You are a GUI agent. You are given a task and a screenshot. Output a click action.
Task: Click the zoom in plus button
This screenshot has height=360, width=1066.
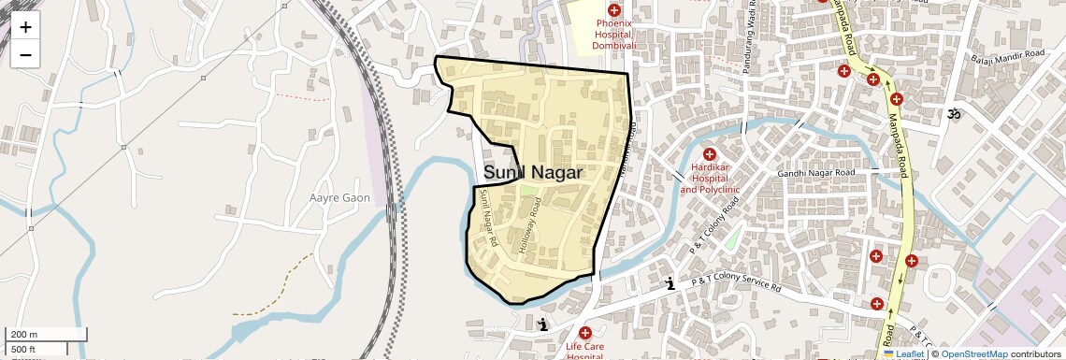pyautogui.click(x=25, y=27)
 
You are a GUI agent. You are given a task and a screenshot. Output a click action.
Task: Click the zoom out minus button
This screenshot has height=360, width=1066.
pyautogui.click(x=25, y=55)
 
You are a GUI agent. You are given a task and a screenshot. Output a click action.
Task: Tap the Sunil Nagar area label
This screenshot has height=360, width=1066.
pyautogui.click(x=533, y=173)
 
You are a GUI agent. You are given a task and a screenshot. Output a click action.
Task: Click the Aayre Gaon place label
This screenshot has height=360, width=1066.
pyautogui.click(x=339, y=198)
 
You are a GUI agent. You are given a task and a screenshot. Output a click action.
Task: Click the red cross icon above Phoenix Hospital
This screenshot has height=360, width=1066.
pyautogui.click(x=613, y=9)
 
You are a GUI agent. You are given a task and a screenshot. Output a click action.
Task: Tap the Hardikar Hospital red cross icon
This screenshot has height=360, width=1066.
pyautogui.click(x=709, y=154)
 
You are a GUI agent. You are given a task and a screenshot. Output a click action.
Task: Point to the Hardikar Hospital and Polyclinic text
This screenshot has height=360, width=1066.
pyautogui.click(x=710, y=179)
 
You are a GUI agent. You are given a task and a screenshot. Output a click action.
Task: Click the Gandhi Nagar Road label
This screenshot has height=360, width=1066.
pyautogui.click(x=816, y=174)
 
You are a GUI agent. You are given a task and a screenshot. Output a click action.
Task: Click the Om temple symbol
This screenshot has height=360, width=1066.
pyautogui.click(x=955, y=115)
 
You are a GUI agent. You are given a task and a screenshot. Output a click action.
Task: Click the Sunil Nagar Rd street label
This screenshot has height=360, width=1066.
pyautogui.click(x=487, y=214)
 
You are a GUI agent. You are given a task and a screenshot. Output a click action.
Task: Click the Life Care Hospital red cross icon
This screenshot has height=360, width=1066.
pyautogui.click(x=585, y=333)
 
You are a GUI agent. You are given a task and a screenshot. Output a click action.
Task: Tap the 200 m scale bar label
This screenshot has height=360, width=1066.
pyautogui.click(x=23, y=335)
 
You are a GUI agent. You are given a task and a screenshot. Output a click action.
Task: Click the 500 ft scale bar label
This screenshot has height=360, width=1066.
pyautogui.click(x=24, y=349)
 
